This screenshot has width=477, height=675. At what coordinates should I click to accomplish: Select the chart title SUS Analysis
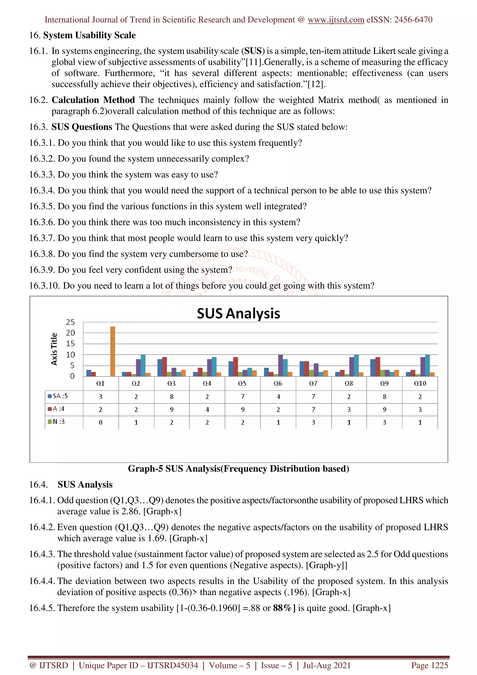pos(238,314)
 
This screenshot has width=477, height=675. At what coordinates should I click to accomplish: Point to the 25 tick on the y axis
pos(70,322)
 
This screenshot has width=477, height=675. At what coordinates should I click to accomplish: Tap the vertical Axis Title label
pos(54,349)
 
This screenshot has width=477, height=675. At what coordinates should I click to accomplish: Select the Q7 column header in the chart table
pos(313,383)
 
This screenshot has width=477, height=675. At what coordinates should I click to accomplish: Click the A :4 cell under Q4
pos(207,409)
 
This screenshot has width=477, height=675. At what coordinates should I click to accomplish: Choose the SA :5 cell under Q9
pos(385,397)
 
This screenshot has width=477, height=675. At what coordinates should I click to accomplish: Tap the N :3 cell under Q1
pos(101,423)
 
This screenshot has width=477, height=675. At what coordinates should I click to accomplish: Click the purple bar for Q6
pos(280,365)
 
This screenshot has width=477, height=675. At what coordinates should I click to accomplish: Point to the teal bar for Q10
pos(427,365)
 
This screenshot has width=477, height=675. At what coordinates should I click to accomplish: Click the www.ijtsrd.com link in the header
pos(336,20)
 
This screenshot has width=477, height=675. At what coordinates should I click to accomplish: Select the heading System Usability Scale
pos(89,35)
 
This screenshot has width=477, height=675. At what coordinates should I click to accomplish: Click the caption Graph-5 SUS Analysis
pos(238,469)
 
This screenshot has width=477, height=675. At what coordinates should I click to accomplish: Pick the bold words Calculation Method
pos(93,100)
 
